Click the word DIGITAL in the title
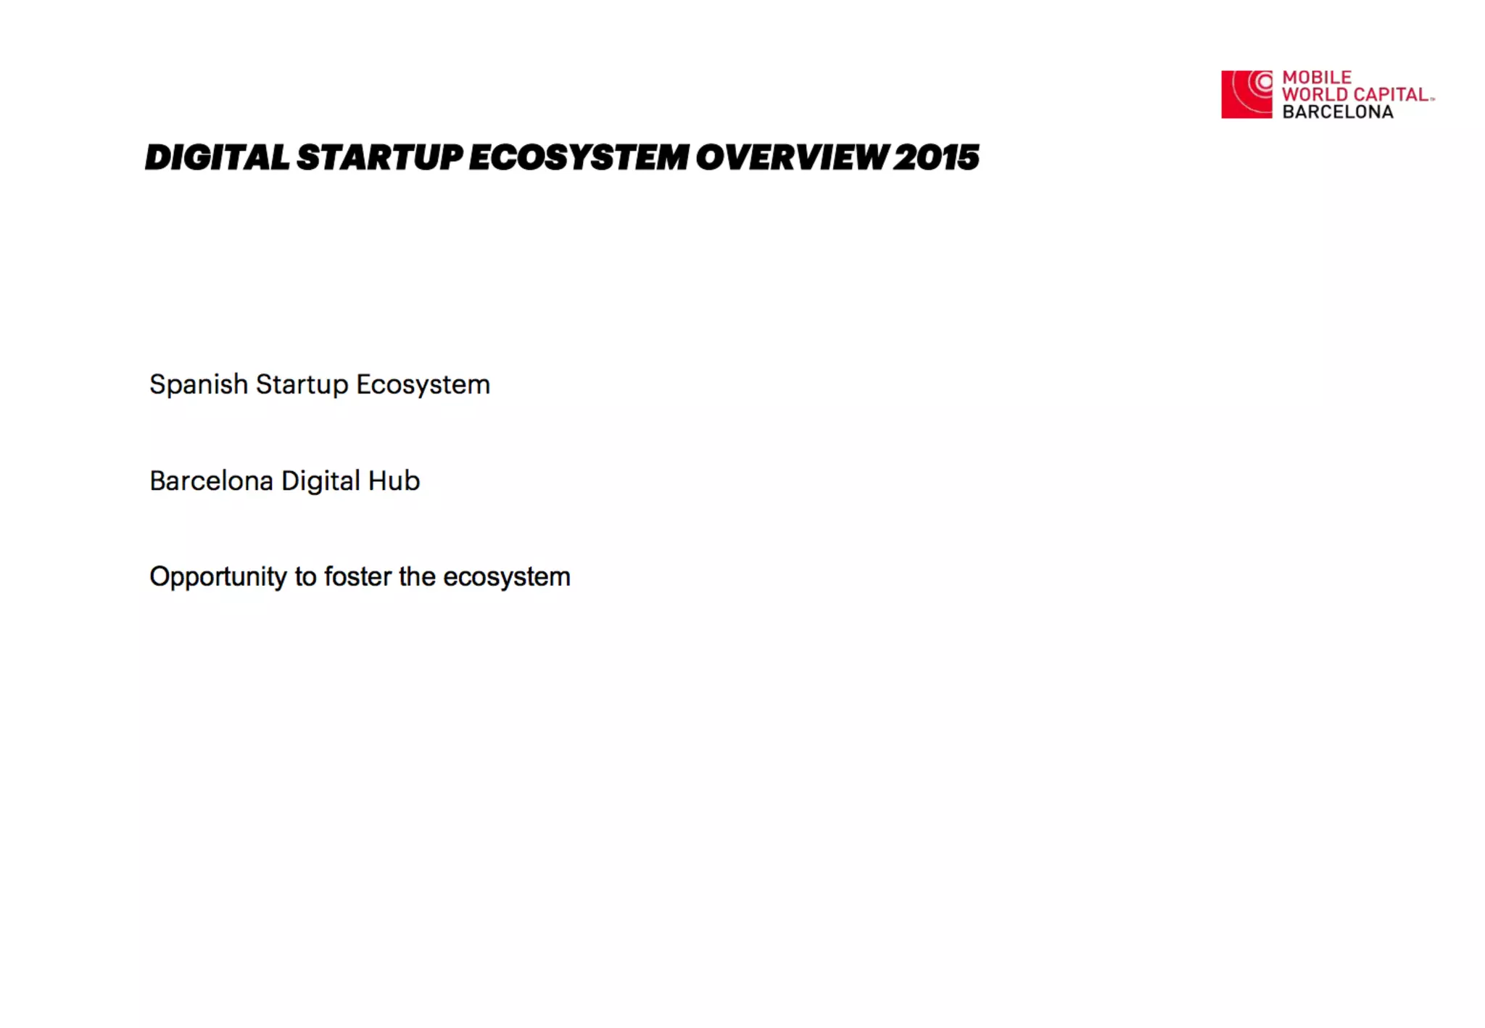(x=217, y=157)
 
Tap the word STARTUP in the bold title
(x=379, y=157)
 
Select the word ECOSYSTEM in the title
(x=579, y=157)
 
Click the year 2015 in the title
(x=936, y=157)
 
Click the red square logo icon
(x=1246, y=94)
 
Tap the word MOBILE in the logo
(x=1317, y=77)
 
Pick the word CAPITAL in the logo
(x=1391, y=94)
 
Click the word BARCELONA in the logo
(x=1338, y=112)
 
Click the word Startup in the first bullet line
(x=302, y=385)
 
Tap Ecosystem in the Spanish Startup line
(x=423, y=385)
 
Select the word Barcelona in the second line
(x=211, y=481)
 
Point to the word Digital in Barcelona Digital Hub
(x=320, y=481)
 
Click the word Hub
(x=394, y=481)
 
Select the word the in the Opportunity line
(x=417, y=576)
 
